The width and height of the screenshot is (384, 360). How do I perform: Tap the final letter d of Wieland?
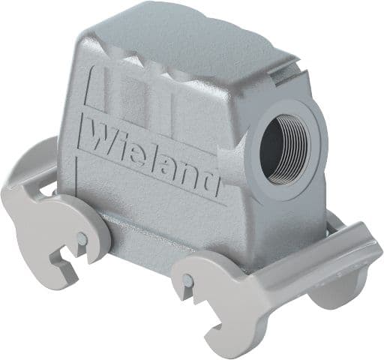click(211, 178)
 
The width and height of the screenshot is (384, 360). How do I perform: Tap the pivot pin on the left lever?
click(81, 240)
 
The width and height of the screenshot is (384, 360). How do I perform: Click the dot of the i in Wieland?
click(122, 134)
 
